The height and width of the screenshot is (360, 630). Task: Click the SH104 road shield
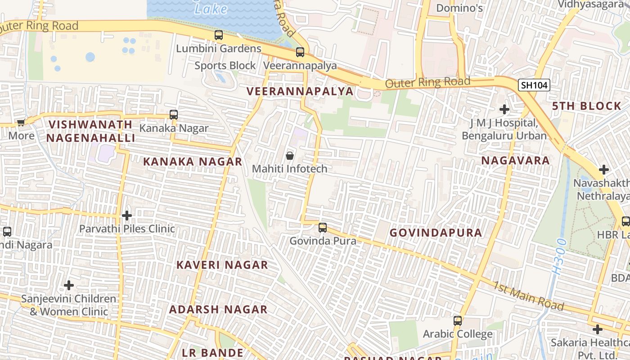[x=534, y=85]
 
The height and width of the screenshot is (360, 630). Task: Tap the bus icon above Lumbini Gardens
[x=219, y=35]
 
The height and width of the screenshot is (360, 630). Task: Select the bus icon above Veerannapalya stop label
[x=300, y=52]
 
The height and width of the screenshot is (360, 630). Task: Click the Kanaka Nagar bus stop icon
[x=174, y=115]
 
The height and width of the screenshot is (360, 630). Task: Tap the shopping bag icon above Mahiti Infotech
[x=290, y=156]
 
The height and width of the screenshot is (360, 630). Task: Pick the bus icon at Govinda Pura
[x=323, y=228]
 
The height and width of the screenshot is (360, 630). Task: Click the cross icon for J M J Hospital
[x=504, y=109]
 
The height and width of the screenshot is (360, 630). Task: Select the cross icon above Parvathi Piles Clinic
[x=127, y=216]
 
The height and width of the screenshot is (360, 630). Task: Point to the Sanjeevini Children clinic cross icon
[x=69, y=285]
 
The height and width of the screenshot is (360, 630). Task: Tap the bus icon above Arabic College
[x=458, y=321]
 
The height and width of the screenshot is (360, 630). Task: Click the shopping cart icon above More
[x=21, y=122]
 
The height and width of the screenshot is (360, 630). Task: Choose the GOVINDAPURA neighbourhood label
[x=436, y=233]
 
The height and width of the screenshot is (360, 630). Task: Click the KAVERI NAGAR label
[x=222, y=265]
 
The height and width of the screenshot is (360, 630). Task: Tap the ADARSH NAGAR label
[x=218, y=310]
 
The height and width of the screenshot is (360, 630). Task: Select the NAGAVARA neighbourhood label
[x=515, y=161]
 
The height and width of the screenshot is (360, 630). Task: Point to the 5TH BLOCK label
[x=587, y=106]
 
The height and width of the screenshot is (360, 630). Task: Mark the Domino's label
[x=459, y=8]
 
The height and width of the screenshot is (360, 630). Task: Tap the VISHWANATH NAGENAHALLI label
[x=90, y=131]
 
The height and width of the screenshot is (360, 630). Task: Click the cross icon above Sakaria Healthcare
[x=597, y=329]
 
